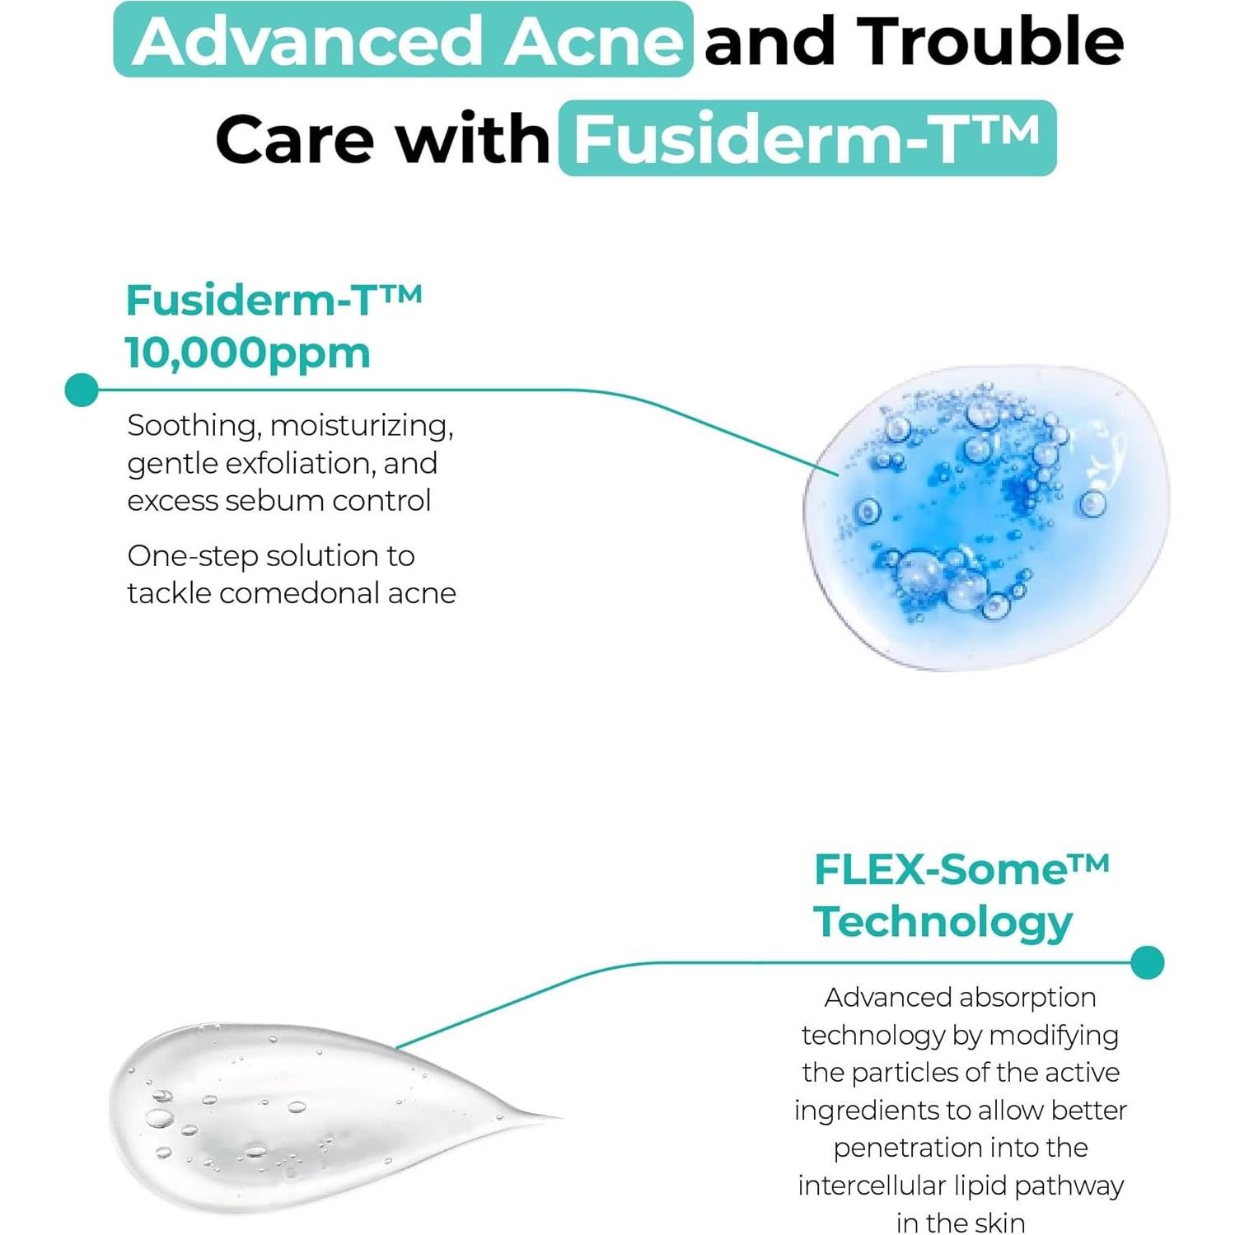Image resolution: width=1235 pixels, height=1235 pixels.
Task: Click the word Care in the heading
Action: pos(294,138)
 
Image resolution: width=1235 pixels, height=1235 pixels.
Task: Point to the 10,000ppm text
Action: pos(248,353)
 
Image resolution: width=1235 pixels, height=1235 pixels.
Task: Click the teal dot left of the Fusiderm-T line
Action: pos(81,390)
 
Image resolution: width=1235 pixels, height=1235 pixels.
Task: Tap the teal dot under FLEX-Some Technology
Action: pos(1147,962)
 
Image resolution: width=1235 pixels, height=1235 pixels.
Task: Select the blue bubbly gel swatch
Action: pos(985,517)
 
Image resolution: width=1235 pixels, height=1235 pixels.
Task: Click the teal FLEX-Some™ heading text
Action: pos(961,870)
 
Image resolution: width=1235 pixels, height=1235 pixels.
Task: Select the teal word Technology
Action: pos(943,922)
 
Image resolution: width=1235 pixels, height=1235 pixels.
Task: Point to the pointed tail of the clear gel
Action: pos(544,1118)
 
